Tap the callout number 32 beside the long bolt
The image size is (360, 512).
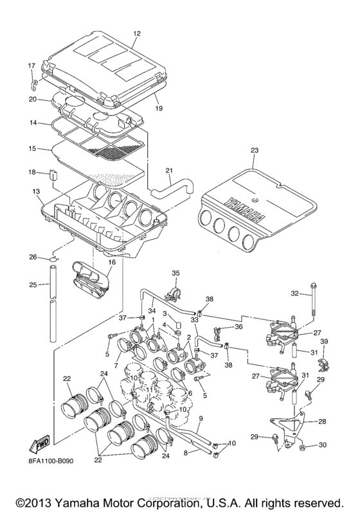(296, 293)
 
